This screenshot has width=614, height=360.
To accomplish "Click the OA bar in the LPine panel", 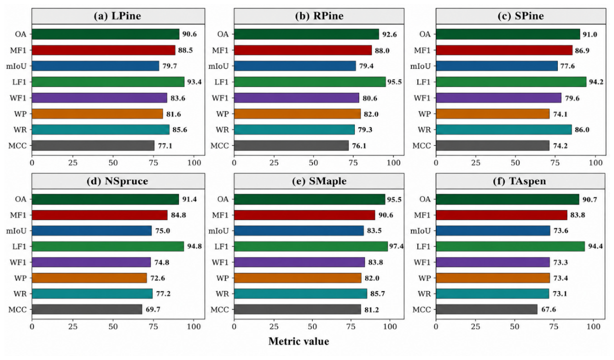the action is (105, 34).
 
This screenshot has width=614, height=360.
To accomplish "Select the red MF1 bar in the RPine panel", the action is (303, 50).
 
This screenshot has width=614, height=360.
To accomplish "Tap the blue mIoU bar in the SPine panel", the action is (497, 66).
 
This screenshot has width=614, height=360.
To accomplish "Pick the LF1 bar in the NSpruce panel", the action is (108, 246).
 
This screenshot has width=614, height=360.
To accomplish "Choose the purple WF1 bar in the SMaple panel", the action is (299, 262).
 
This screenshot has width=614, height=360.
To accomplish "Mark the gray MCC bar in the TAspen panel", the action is (487, 310).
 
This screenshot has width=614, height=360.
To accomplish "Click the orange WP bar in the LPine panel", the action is (97, 114).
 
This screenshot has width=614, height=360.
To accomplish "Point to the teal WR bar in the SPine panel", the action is (504, 130).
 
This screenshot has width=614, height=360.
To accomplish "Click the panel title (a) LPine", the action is (117, 16).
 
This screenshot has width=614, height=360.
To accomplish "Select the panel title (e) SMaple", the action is (319, 181).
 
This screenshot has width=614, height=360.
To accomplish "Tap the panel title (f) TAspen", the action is (519, 181).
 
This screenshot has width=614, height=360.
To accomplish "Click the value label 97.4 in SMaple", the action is (396, 246).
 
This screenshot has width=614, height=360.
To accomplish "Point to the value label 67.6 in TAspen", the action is (549, 310).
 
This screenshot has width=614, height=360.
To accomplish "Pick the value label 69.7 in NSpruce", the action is (153, 310).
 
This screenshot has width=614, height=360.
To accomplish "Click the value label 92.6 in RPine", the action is (389, 35).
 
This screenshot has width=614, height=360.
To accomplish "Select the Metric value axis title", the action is (299, 341).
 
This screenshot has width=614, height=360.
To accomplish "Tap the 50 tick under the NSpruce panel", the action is (113, 326).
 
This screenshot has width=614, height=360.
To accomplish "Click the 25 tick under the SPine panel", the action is (476, 163).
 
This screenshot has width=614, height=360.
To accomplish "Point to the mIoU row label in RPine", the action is (219, 66).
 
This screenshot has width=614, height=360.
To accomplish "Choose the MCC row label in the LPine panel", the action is (18, 146).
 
